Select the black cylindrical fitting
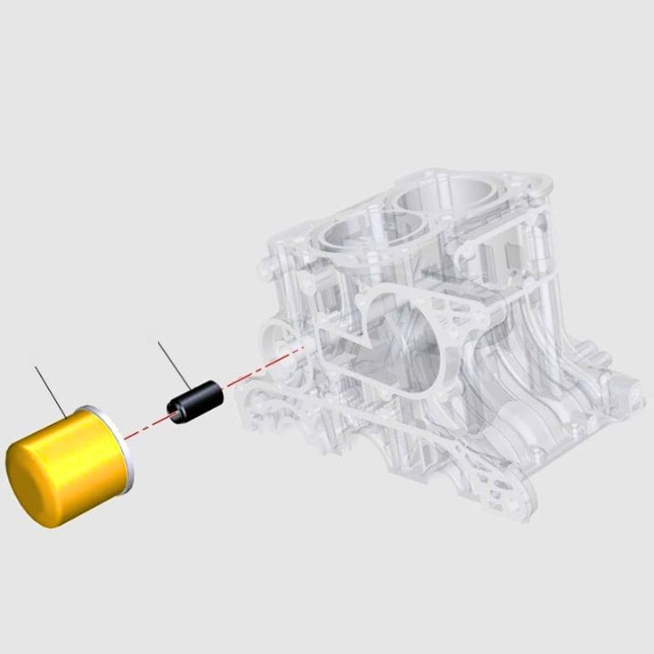(x=193, y=400)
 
